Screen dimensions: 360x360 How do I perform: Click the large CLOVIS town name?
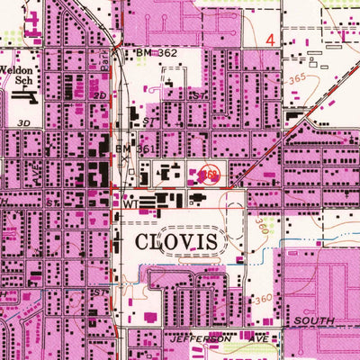(x=177, y=242)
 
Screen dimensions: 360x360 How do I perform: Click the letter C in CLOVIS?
(x=143, y=242)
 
